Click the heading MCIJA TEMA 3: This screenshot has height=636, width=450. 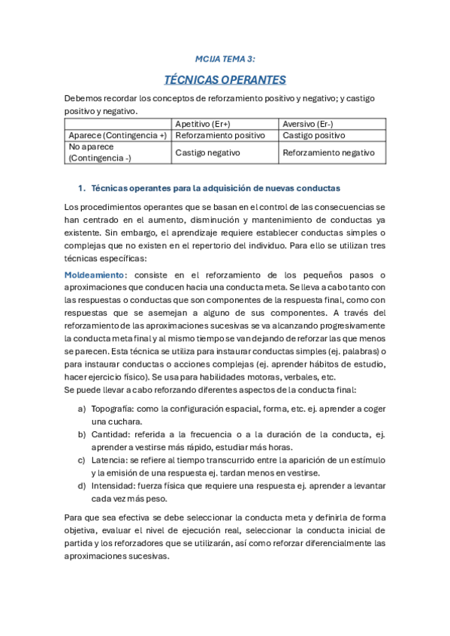[225, 58]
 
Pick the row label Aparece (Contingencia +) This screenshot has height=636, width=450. [117, 136]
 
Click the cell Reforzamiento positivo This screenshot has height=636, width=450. [220, 136]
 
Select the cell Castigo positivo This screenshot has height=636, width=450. [314, 136]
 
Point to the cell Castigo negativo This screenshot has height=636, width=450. [207, 152]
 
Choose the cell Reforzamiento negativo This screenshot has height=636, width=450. [328, 152]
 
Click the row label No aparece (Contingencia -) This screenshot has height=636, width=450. [117, 152]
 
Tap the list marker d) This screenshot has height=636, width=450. [81, 485]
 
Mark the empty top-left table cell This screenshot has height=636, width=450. [117, 124]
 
